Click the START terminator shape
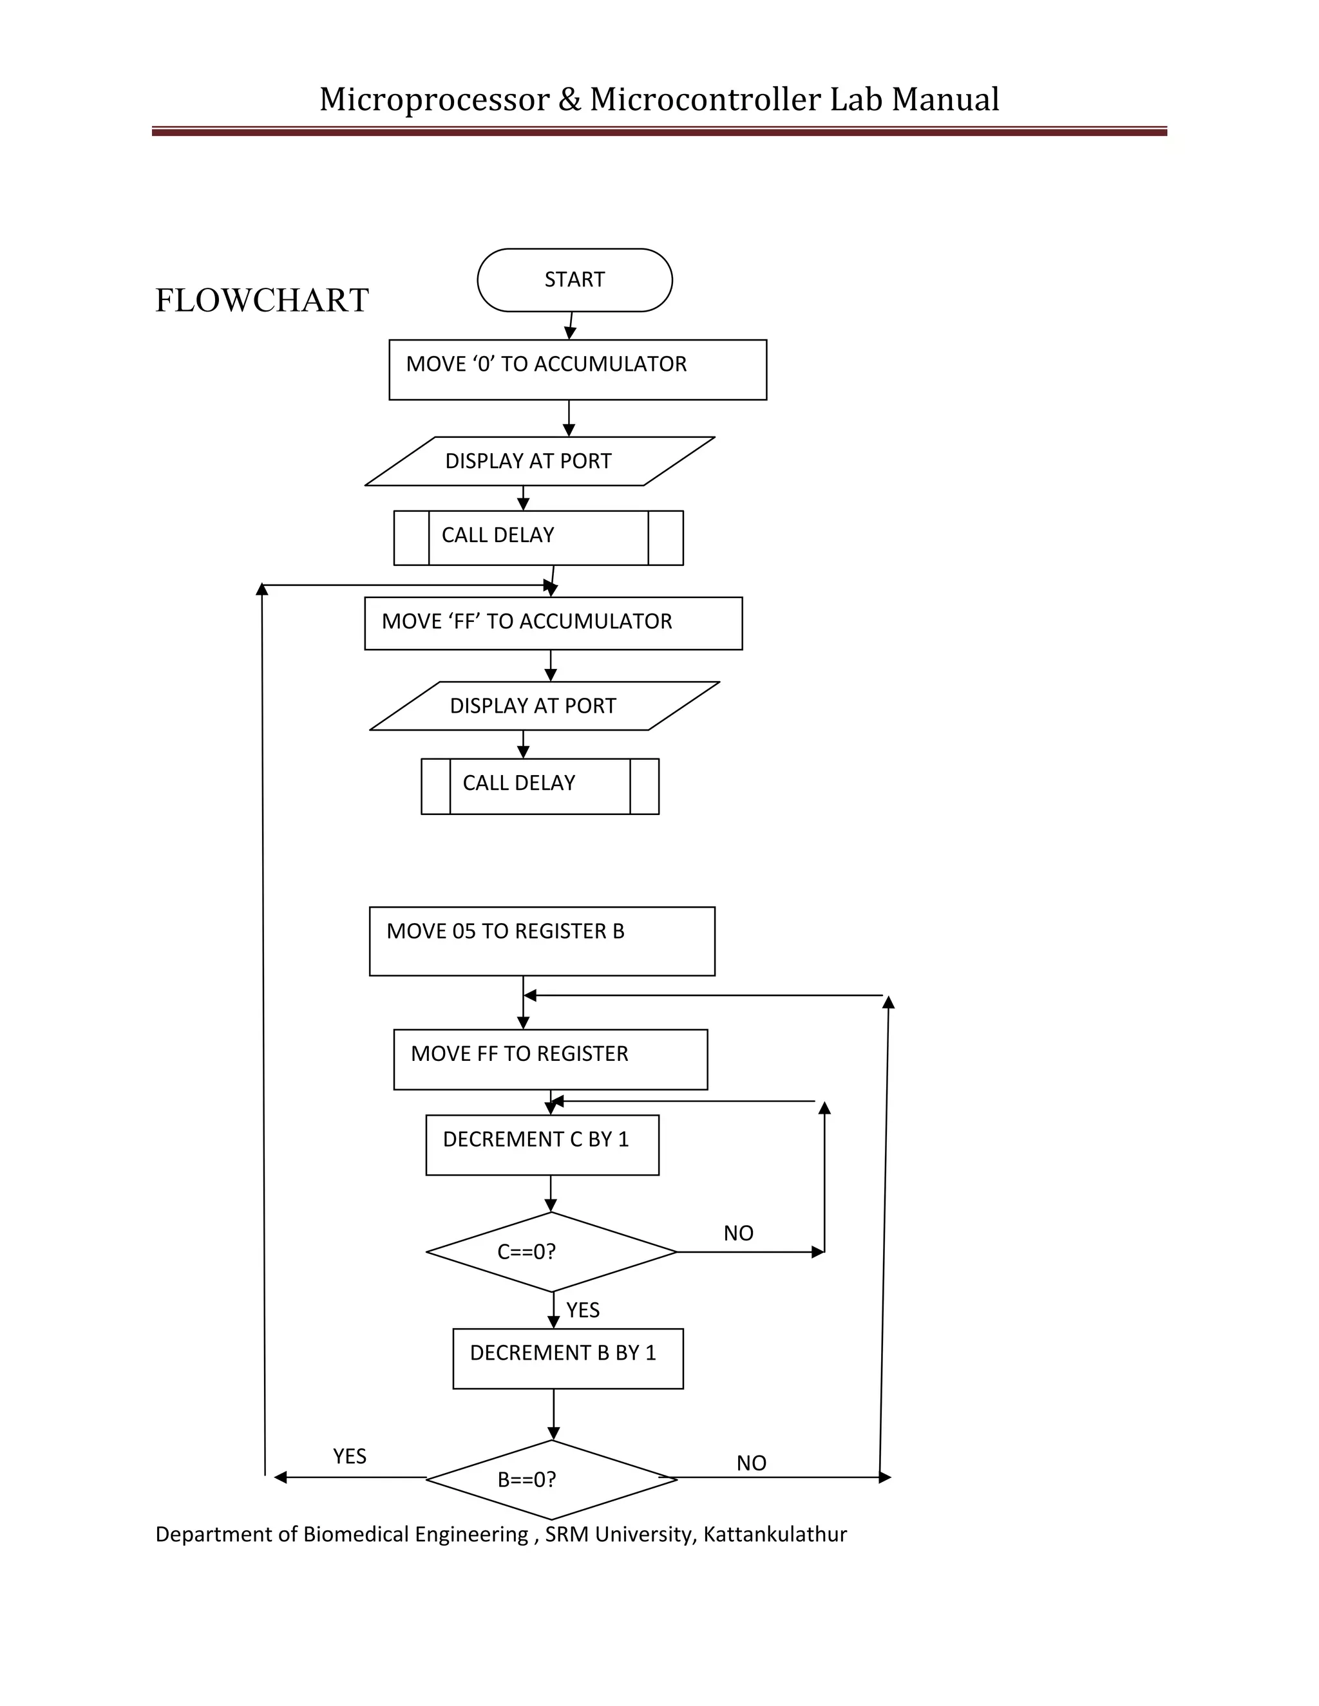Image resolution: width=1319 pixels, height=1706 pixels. tap(574, 279)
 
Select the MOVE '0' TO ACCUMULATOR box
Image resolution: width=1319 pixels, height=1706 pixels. tap(578, 370)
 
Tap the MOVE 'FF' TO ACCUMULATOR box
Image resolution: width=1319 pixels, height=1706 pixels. tap(553, 623)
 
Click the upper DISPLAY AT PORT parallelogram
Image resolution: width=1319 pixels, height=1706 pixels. tap(539, 461)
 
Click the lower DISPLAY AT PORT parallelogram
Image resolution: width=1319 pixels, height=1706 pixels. tap(544, 706)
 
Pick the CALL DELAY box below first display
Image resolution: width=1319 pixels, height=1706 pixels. tap(538, 538)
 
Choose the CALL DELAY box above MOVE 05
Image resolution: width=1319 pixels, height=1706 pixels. tap(539, 786)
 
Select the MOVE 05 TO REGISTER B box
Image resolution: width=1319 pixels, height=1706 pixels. tap(542, 941)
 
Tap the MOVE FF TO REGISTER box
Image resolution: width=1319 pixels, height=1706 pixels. tap(550, 1059)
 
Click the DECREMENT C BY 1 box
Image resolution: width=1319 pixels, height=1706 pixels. tap(542, 1145)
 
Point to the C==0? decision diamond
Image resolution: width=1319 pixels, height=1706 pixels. tap(551, 1251)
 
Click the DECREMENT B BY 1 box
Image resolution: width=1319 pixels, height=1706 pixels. tap(567, 1358)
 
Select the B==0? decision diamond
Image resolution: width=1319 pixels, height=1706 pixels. tap(551, 1479)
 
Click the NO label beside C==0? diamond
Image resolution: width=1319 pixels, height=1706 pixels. tap(737, 1233)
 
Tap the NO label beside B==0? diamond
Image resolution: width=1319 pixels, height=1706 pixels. tap(751, 1463)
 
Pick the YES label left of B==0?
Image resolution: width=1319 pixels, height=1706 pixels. tap(349, 1456)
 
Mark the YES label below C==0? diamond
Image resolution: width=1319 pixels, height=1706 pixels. tap(582, 1310)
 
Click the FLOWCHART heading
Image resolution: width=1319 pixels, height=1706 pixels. tap(261, 301)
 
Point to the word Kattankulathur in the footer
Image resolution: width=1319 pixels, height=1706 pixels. tap(774, 1535)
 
